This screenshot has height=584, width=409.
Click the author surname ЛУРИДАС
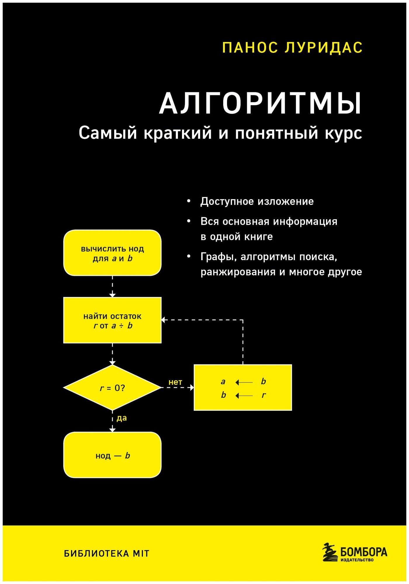tap(323, 48)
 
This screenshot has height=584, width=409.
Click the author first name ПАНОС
tap(250, 48)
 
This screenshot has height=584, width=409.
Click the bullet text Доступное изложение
tap(257, 201)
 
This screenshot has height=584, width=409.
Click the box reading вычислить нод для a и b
tap(112, 253)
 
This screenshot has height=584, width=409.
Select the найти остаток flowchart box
tap(112, 320)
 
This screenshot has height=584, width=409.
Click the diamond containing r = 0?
tap(112, 388)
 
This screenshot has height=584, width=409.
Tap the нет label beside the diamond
tap(175, 382)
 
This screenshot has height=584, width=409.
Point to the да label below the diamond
tap(122, 418)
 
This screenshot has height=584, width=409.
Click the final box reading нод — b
tap(112, 455)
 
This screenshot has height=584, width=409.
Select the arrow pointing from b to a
tap(244, 382)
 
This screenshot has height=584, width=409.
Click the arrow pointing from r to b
tap(244, 396)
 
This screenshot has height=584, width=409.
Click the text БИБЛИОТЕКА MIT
tap(107, 554)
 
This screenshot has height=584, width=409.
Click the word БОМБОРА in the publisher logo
tap(364, 552)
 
